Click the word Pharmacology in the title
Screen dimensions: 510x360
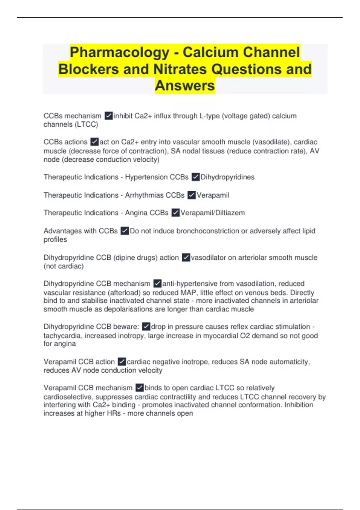click(x=119, y=52)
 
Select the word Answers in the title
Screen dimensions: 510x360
click(x=185, y=86)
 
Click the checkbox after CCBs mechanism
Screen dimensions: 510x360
click(x=109, y=116)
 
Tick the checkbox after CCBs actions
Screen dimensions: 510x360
click(x=94, y=142)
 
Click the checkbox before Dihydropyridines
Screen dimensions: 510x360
click(x=196, y=177)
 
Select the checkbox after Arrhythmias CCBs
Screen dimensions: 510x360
click(x=191, y=195)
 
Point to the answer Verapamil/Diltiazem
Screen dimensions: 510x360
click(x=212, y=213)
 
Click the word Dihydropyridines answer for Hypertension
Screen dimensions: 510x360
click(x=227, y=177)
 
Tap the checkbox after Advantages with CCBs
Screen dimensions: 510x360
click(x=124, y=231)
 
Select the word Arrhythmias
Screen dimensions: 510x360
click(x=144, y=195)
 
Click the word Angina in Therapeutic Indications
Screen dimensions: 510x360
click(x=136, y=213)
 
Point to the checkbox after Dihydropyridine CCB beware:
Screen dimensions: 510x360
click(x=146, y=327)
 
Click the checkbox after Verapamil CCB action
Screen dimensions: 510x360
click(x=122, y=362)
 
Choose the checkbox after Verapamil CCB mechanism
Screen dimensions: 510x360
click(x=139, y=388)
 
